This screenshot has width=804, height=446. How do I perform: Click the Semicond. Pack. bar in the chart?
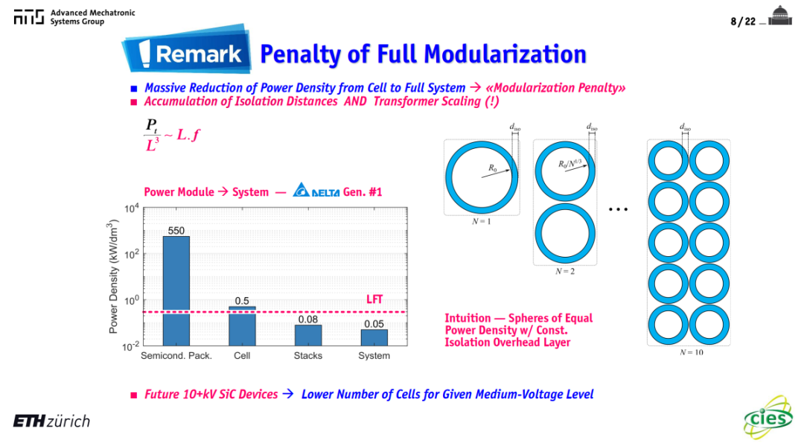coord(176,290)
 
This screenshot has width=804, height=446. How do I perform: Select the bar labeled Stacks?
coord(308,335)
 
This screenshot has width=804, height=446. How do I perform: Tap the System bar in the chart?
coord(374,337)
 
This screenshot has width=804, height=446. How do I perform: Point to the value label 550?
coord(176,231)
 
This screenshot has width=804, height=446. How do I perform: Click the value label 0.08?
coord(308,319)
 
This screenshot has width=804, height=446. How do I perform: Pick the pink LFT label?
coord(374,299)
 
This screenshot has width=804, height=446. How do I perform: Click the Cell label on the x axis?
coord(242,356)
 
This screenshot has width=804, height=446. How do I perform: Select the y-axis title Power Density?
coord(113,277)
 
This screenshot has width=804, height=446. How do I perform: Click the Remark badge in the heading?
coord(187,50)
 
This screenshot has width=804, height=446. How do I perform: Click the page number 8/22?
coord(743,22)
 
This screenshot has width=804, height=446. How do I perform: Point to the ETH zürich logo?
coord(51,421)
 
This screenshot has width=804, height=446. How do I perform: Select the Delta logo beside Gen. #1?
coord(316,190)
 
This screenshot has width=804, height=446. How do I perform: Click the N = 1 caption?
coord(482,221)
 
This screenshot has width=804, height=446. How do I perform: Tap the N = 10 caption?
coord(692,352)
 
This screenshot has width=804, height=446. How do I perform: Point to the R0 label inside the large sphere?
coord(493,168)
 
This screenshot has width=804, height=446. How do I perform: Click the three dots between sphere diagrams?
coord(618,209)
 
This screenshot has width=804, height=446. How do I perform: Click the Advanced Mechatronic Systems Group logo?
coord(74,17)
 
